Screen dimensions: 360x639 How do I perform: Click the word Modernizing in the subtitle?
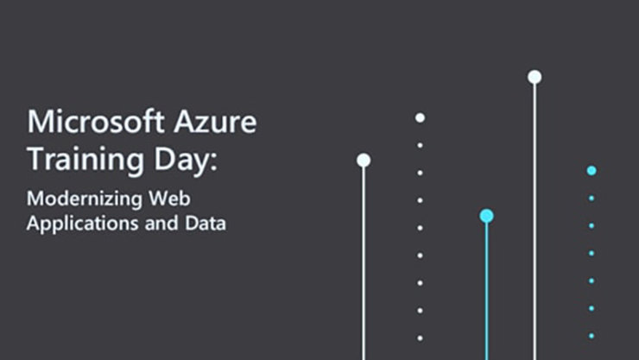tap(83, 199)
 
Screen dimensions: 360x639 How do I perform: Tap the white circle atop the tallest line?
tap(535, 77)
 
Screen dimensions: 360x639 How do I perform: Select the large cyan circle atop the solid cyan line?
tap(487, 216)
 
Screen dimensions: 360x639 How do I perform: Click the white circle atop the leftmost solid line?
tap(364, 160)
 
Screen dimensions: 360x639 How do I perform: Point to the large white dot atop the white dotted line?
tap(420, 117)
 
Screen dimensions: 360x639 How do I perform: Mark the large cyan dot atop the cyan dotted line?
tap(592, 170)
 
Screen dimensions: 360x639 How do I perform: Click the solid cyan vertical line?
tap(487, 294)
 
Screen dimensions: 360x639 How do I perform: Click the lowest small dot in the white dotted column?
tap(420, 338)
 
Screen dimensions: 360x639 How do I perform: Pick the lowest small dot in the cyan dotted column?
tap(592, 336)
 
